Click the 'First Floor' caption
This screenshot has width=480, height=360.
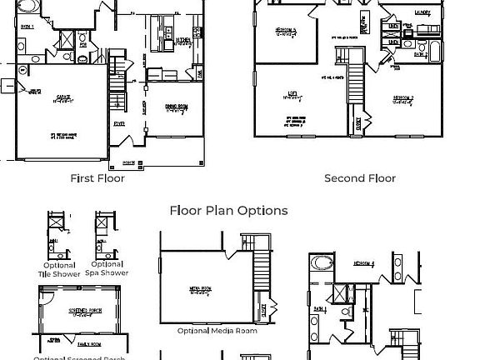97,178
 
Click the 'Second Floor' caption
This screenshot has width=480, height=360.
360,178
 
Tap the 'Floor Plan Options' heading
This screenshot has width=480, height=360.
228,211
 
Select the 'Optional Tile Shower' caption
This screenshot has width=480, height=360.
59,269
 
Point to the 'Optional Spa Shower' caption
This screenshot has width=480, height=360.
107,269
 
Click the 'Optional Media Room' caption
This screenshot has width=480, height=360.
217,331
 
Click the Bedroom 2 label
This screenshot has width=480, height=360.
404,97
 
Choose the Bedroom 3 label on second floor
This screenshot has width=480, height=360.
286,32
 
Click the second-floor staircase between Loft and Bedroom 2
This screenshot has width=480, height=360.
356,83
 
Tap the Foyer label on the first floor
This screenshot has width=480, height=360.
119,123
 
